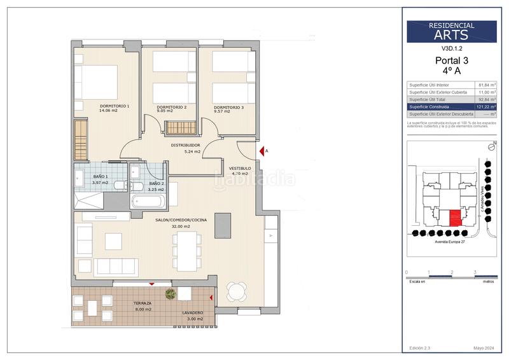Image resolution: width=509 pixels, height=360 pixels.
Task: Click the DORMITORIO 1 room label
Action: click(x=115, y=106)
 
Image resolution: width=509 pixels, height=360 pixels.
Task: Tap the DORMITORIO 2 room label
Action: click(x=171, y=107)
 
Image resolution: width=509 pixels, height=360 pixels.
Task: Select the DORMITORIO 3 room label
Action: click(x=228, y=107)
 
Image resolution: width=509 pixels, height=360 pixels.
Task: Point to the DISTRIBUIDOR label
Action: click(x=186, y=145)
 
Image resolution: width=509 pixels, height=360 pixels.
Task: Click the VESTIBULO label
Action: click(x=240, y=169)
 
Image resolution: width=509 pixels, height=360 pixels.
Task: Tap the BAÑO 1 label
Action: click(x=100, y=176)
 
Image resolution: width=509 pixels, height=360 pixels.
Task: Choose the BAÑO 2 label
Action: click(x=156, y=184)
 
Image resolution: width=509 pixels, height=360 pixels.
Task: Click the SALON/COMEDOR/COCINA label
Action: click(x=181, y=219)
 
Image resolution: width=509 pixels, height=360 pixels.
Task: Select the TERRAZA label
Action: click(x=143, y=303)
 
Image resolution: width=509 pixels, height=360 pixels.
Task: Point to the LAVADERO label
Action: click(x=192, y=313)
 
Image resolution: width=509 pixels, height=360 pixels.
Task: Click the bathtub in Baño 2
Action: click(x=148, y=202)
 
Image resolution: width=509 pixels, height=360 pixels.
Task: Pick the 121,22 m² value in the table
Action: click(x=487, y=107)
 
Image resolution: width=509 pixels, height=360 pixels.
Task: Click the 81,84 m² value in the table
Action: click(x=487, y=85)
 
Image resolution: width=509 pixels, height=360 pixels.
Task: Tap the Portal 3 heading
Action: click(x=452, y=61)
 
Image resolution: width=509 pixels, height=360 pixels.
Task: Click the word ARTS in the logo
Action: click(x=452, y=35)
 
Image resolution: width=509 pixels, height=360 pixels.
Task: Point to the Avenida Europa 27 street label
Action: click(x=451, y=242)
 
